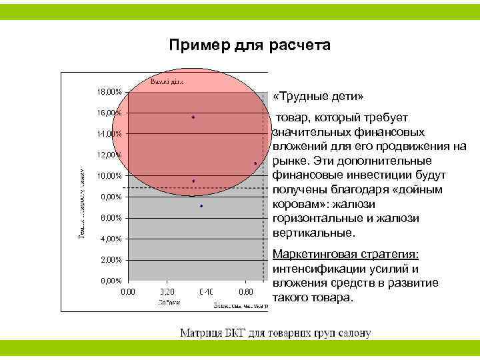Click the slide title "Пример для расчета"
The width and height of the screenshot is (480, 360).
[249, 45]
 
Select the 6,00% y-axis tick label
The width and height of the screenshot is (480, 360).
[108, 218]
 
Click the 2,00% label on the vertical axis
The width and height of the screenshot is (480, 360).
[108, 260]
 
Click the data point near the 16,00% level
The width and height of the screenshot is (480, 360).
[193, 117]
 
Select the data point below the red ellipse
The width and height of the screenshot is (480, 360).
[201, 207]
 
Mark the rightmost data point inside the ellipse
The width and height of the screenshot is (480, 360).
[255, 163]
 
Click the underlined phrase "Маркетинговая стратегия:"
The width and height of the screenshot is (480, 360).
[347, 255]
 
